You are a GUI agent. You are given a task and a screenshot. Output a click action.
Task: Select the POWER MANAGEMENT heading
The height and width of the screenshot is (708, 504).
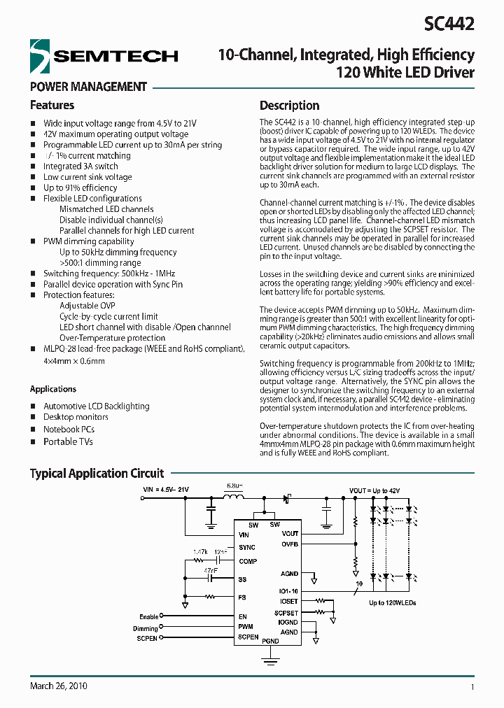[88, 87]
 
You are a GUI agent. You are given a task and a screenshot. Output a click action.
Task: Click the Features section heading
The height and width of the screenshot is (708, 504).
[52, 106]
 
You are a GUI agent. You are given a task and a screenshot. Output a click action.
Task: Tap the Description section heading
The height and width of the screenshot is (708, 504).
[289, 106]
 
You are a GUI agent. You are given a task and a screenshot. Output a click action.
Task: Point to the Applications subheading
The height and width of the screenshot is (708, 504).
[53, 389]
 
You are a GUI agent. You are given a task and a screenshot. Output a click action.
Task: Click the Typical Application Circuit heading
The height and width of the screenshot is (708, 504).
[97, 474]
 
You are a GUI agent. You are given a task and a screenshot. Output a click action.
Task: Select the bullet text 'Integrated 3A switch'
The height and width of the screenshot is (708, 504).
[80, 167]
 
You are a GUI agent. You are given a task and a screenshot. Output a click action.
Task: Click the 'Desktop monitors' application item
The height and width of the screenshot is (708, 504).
[76, 417]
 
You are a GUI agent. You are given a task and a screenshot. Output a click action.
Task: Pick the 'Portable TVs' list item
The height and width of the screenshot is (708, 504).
[68, 441]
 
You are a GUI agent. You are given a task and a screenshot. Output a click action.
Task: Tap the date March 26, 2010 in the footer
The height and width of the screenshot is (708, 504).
[59, 686]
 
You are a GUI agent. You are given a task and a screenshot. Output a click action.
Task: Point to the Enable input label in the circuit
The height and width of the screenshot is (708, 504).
[149, 616]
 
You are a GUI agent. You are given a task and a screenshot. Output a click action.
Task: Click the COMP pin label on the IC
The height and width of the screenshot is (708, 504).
[248, 561]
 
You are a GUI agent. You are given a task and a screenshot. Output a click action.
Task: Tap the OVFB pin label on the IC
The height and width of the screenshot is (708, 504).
[289, 543]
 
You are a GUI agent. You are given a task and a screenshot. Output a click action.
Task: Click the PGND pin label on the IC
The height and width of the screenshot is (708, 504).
[269, 641]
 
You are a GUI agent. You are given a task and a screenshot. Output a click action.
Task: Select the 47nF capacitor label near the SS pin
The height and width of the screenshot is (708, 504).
[210, 571]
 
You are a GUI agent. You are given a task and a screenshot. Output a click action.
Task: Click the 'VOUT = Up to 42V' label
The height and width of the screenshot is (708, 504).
[374, 490]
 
